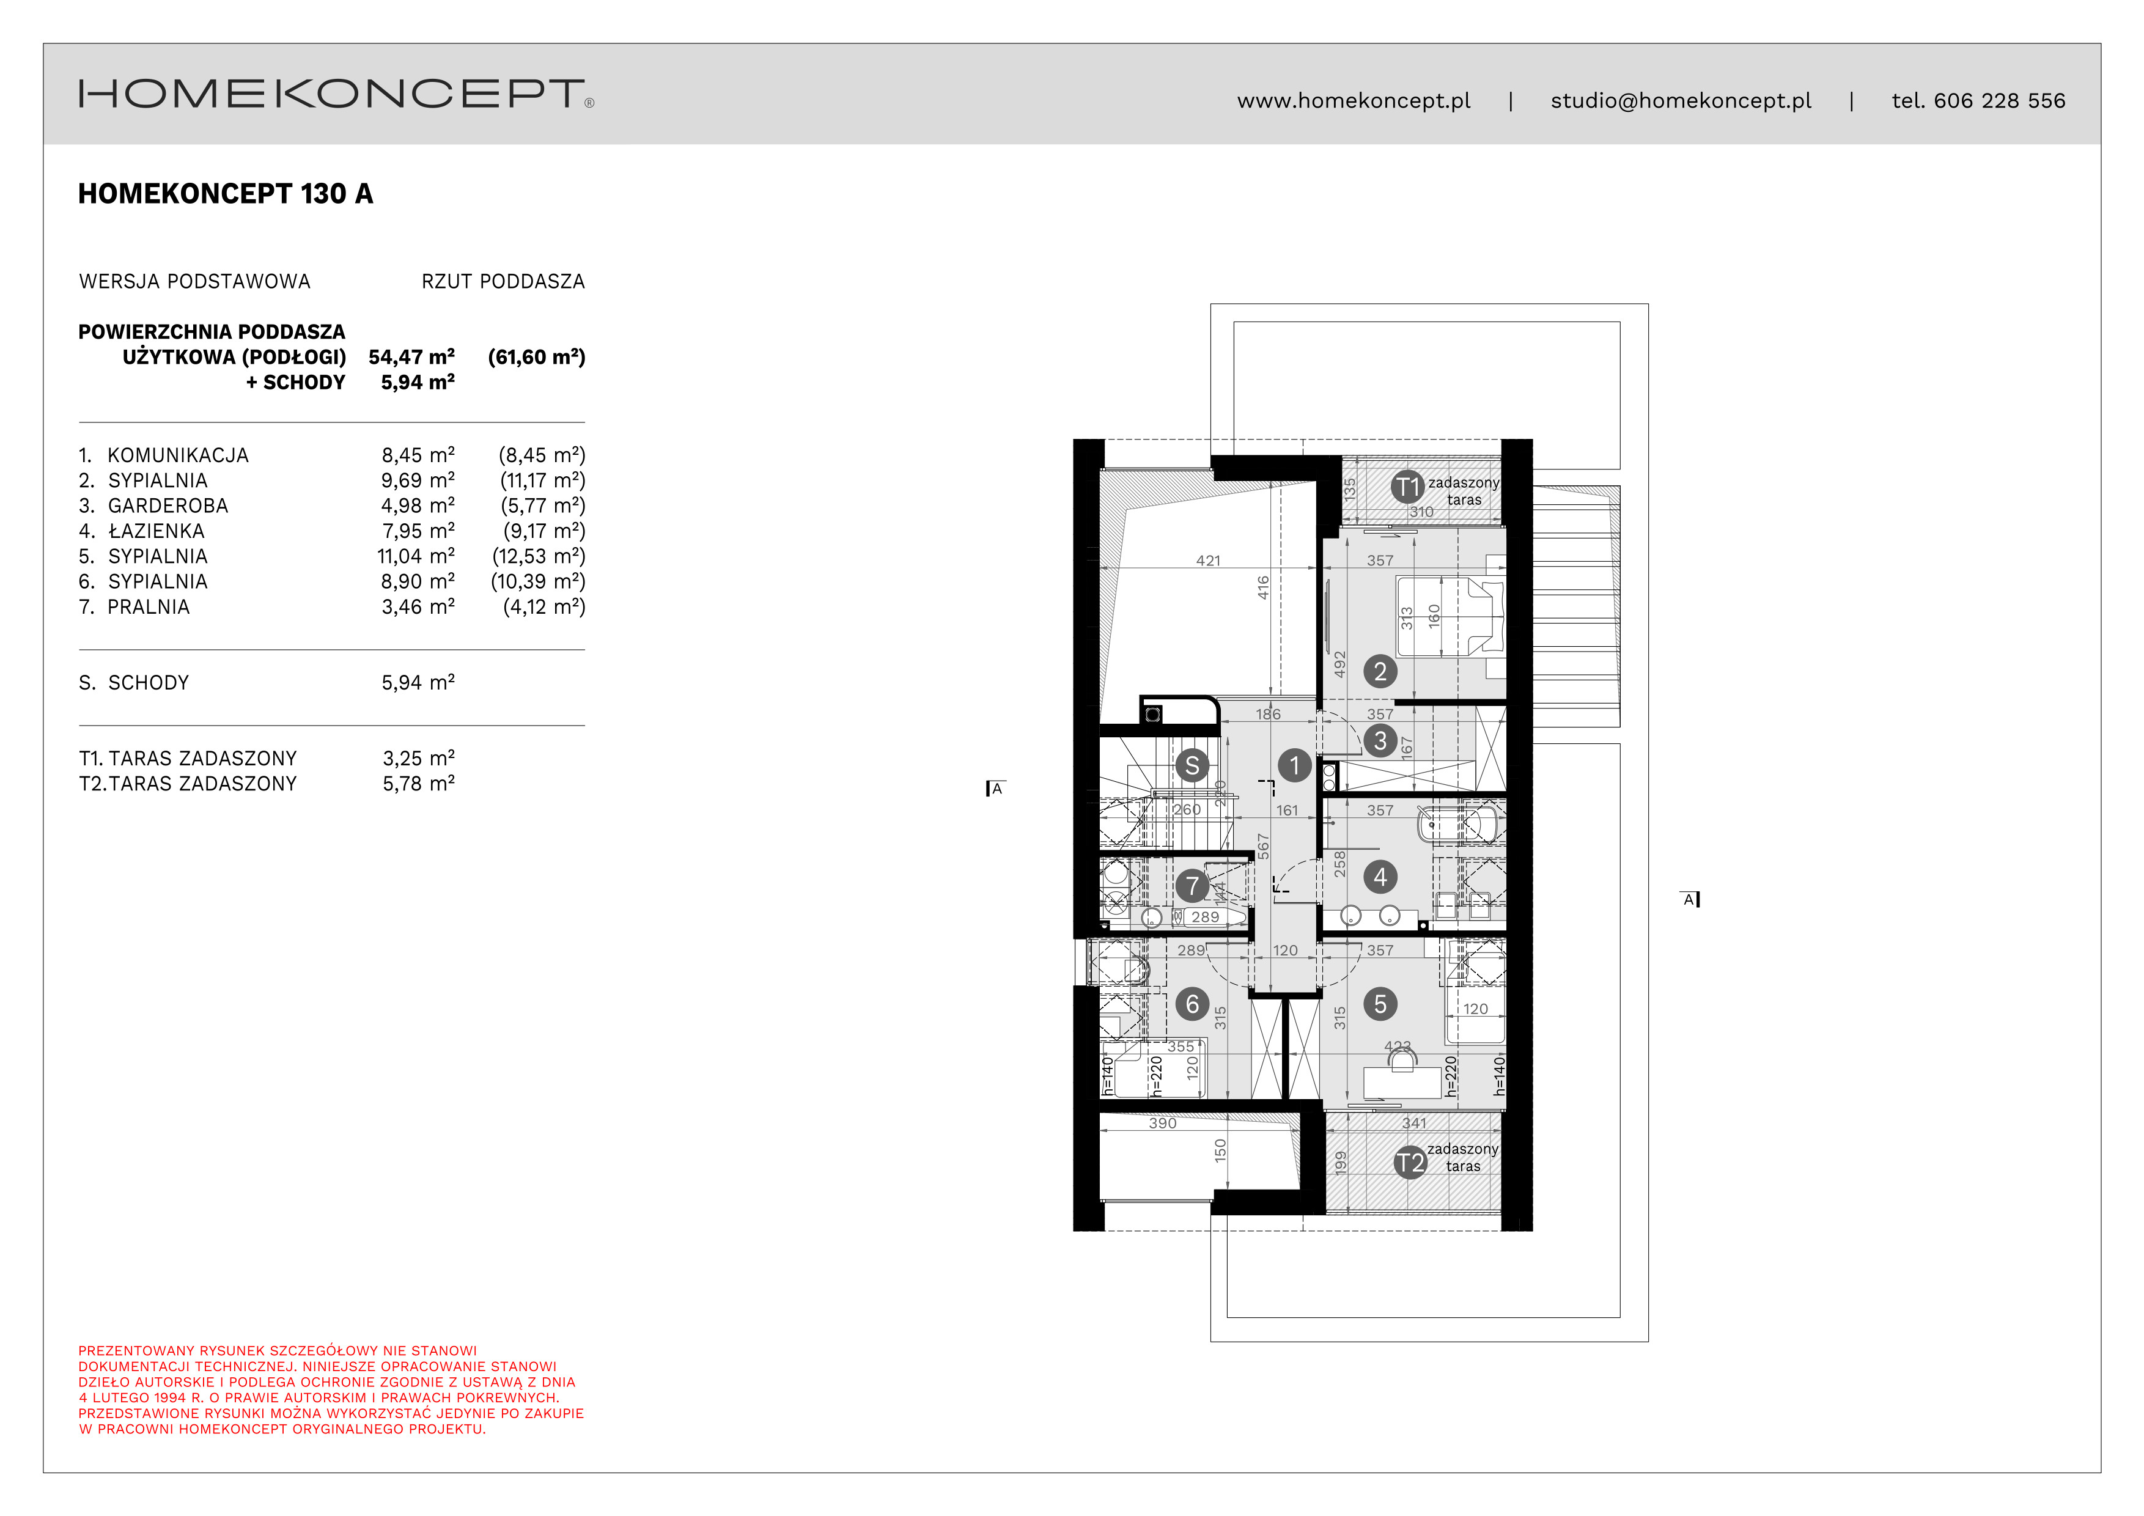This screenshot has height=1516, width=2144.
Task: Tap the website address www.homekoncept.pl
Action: (1353, 101)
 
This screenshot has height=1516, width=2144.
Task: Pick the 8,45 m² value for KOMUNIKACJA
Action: (418, 455)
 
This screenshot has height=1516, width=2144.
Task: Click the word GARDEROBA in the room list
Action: (168, 506)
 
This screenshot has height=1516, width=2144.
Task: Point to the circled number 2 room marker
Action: (1379, 671)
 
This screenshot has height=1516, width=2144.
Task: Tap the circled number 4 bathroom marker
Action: (1379, 877)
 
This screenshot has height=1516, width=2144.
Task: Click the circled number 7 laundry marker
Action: (1192, 886)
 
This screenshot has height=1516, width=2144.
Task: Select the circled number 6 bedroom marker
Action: (1192, 1004)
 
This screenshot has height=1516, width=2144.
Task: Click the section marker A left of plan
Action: (995, 789)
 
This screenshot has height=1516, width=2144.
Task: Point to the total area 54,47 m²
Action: (411, 356)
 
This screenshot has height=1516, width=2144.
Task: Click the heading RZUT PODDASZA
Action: (503, 282)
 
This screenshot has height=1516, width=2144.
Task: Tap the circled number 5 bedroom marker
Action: (1379, 1004)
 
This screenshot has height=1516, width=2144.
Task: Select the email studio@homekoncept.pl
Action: (1680, 101)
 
